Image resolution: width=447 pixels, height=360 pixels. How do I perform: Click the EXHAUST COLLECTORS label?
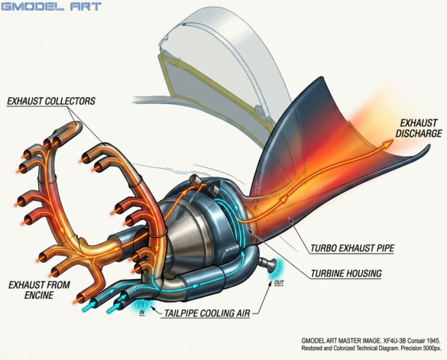(51, 101)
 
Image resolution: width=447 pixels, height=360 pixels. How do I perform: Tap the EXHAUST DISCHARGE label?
(419, 128)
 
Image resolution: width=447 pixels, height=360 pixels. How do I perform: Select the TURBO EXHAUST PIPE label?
(352, 248)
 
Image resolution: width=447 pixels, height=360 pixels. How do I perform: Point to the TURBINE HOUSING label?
(346, 274)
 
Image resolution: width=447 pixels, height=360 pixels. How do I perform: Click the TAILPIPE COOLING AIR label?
(207, 313)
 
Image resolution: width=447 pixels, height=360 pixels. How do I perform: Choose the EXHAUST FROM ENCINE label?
(39, 290)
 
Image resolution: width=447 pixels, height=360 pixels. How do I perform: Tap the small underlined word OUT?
(279, 283)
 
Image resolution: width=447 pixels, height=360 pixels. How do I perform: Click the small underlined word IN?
(142, 313)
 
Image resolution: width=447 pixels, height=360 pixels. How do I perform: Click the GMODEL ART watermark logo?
(51, 6)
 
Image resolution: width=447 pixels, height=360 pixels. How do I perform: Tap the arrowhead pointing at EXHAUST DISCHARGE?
(388, 143)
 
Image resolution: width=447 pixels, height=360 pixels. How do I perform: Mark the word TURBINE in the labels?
(327, 274)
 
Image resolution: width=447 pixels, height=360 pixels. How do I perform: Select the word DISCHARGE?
(419, 133)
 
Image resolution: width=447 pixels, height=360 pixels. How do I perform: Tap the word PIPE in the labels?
(384, 248)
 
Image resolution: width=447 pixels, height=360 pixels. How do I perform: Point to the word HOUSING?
(364, 274)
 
